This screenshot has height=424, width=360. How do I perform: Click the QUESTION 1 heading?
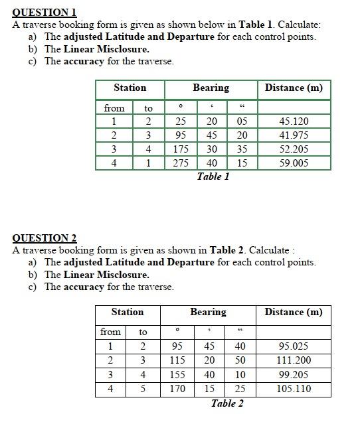coord(45,12)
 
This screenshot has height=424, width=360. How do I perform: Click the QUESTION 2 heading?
coord(45,238)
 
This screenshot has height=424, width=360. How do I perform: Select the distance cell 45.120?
coord(294,121)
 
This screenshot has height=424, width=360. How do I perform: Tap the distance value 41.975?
coord(294,135)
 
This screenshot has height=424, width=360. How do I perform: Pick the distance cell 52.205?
coord(294,149)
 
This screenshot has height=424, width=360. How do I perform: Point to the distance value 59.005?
coord(294,163)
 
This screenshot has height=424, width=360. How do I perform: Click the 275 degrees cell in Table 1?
coord(180,163)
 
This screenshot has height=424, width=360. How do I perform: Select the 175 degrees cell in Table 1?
coord(180,149)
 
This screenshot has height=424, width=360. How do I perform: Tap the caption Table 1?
coord(213,177)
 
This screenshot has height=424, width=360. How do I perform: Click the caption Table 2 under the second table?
coord(227,403)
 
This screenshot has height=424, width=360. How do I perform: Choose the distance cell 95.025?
coord(294,346)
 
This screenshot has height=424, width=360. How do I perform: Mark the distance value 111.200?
coord(294,360)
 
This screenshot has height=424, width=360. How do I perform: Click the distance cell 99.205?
coord(294,375)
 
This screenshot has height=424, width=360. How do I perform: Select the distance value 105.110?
coord(294,389)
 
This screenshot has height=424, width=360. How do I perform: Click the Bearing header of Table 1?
coord(211,88)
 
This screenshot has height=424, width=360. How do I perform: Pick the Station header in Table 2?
coord(127,312)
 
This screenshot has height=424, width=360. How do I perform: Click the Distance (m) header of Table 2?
coord(294,312)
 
